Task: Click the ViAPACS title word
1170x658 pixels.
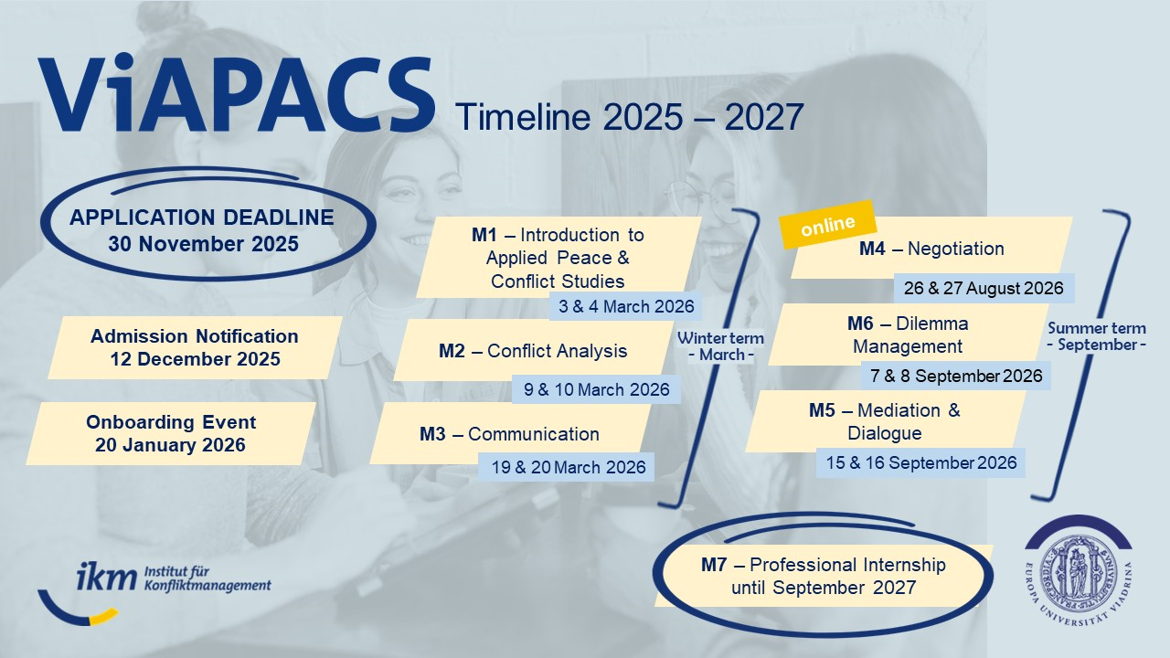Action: (236, 96)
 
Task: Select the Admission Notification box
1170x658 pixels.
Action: (195, 347)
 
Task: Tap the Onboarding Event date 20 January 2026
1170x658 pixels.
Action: (170, 445)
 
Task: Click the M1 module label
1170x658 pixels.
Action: (483, 235)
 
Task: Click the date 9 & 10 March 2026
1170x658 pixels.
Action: (596, 389)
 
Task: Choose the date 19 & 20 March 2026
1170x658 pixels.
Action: (568, 467)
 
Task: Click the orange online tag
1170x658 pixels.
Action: (827, 225)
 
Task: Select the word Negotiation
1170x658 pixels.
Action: (957, 249)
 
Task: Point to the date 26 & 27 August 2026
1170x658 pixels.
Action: (984, 288)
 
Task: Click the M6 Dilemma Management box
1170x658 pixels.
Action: (907, 334)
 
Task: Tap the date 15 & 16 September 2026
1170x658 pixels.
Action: (921, 462)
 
